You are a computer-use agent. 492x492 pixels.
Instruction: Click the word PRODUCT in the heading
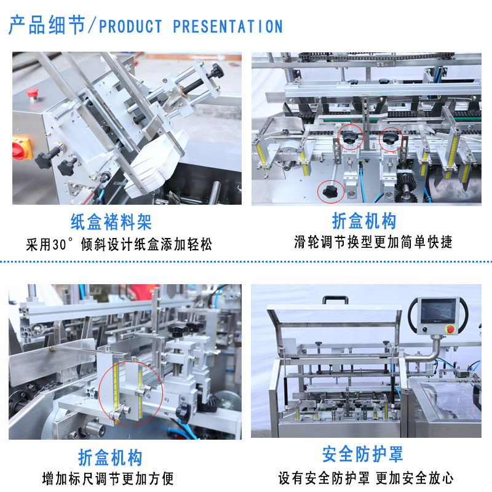point(130,26)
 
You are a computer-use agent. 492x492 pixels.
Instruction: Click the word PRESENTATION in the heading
point(228,26)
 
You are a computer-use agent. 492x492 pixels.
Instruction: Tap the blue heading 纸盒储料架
point(111,222)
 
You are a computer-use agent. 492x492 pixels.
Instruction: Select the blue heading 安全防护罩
point(362,454)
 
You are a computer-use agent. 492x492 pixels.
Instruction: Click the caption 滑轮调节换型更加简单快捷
point(373,242)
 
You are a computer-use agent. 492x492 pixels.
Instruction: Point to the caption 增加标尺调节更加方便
point(108,479)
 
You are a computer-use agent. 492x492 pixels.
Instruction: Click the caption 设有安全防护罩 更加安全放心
point(366,478)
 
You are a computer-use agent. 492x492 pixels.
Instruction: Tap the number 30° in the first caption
point(63,244)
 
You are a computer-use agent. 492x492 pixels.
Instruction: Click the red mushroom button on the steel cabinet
point(32,93)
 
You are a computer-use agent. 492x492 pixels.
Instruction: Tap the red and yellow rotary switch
point(22,148)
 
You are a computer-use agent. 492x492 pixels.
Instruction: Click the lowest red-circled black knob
point(330,191)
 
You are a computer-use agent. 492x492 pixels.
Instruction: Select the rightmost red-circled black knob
point(390,138)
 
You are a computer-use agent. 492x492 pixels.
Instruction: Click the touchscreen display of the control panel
point(438,311)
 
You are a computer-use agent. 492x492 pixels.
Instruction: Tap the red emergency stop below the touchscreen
point(450,329)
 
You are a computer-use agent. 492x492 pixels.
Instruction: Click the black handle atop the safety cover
point(335,300)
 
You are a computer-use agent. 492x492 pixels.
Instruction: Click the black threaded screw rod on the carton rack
point(195,85)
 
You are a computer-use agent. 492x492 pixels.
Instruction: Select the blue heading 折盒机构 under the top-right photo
point(364,221)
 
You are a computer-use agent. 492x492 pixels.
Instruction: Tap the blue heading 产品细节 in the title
point(47,25)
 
